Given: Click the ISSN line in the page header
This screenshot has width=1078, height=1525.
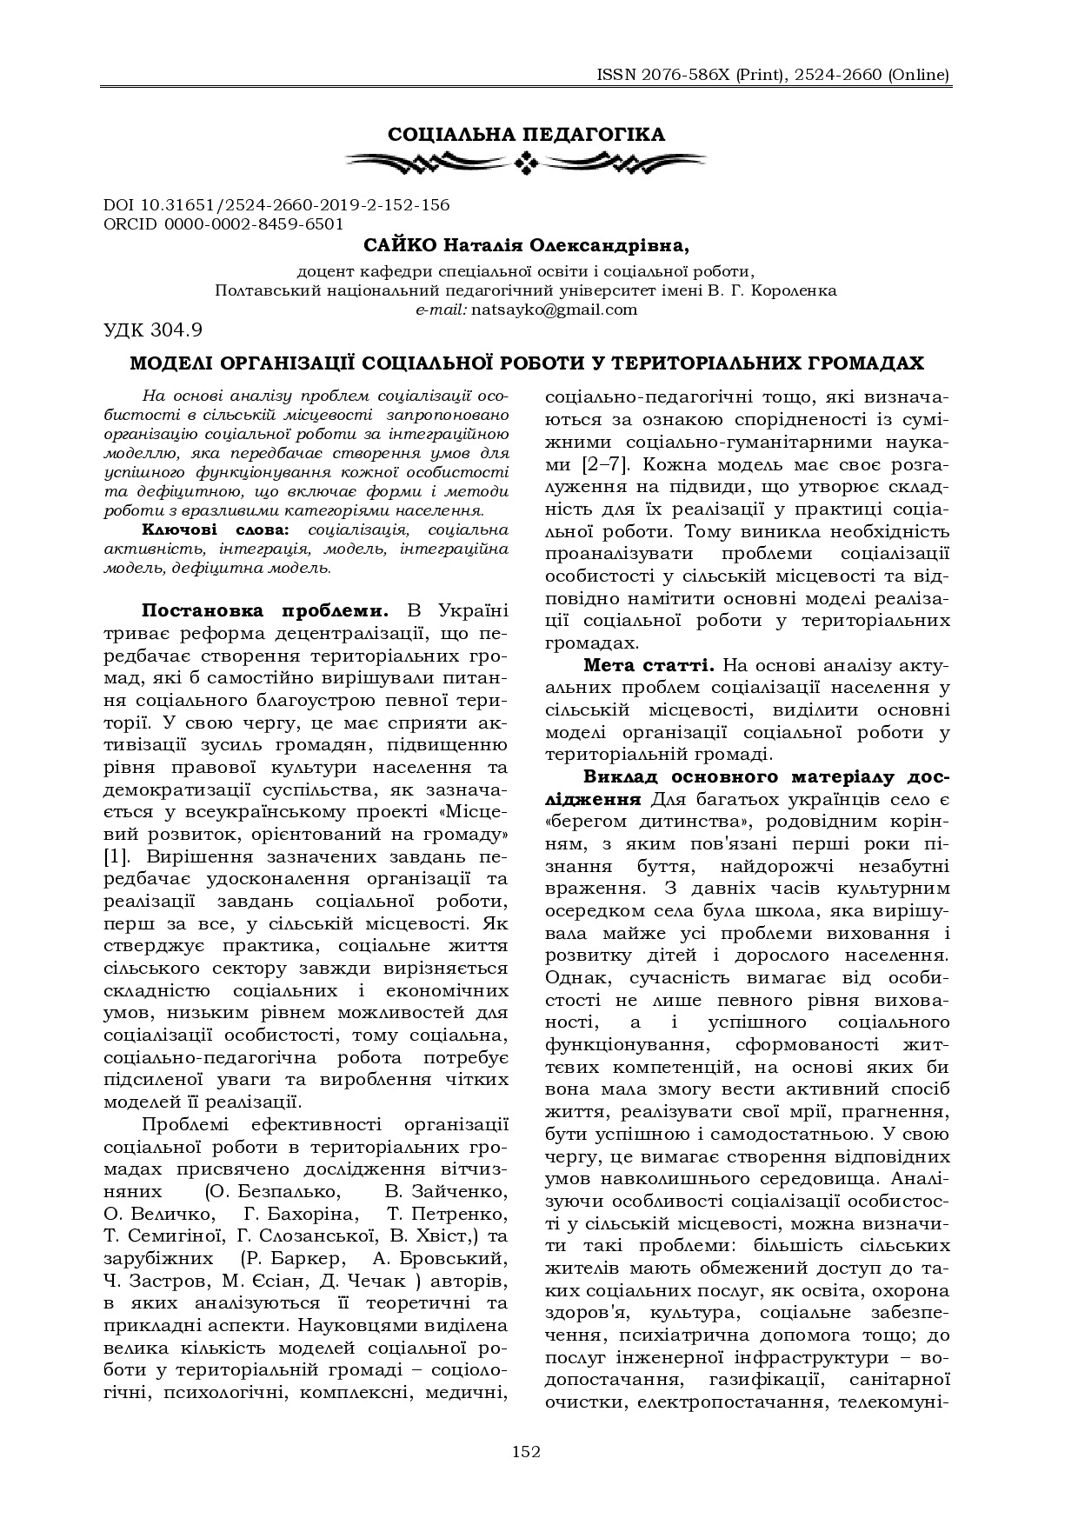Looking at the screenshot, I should click(773, 75).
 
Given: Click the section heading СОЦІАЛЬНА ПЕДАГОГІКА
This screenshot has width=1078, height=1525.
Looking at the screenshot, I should click(526, 134).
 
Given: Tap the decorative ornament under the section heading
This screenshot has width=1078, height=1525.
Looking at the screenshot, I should click(526, 161).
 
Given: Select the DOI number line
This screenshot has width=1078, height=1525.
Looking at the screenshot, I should click(276, 205).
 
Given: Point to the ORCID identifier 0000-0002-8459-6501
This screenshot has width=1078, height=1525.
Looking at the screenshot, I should click(257, 223).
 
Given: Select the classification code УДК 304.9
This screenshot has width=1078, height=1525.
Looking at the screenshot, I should click(153, 330).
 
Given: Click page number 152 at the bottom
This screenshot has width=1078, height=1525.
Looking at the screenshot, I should click(526, 1451).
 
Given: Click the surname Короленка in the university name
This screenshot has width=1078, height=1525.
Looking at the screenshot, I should click(795, 290).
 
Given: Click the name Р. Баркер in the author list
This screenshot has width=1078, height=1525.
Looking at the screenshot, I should click(298, 1258).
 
